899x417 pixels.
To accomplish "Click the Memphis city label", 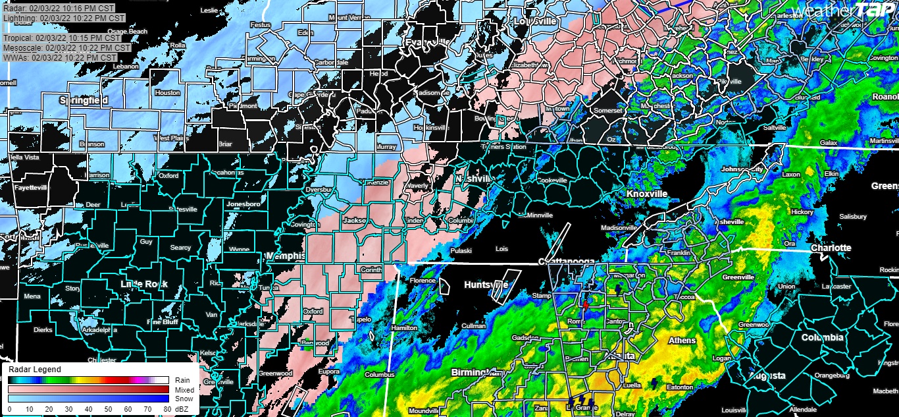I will click(286, 256).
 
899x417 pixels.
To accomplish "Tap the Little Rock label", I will click(144, 284).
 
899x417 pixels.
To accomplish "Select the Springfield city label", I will click(84, 101).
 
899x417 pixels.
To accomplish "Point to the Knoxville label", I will click(646, 194).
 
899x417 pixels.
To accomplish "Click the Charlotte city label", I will click(831, 248).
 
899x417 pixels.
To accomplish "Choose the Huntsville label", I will click(486, 285).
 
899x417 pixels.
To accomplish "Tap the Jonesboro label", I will click(244, 204).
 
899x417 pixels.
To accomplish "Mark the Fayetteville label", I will click(31, 188).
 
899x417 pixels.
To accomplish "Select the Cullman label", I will click(474, 326).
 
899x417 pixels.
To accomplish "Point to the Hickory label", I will click(803, 212).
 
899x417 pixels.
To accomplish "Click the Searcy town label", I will click(180, 248).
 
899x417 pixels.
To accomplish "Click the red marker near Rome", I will click(585, 306).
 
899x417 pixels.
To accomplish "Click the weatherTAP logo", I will click(843, 11).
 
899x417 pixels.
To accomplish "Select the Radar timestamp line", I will click(57, 8).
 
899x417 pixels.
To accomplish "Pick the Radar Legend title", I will click(34, 370).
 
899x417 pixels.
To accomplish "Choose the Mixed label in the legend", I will click(184, 389).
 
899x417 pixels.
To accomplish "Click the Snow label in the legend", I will click(184, 399).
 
